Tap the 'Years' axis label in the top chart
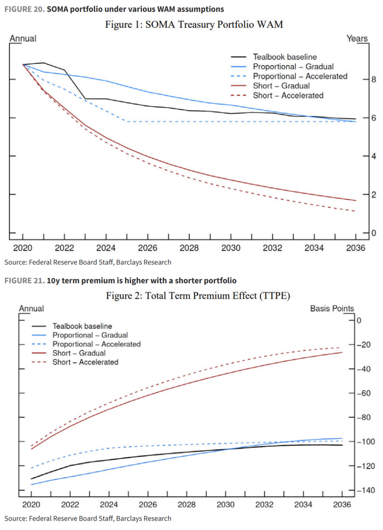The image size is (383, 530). click(357, 38)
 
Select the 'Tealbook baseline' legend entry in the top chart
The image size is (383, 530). click(285, 57)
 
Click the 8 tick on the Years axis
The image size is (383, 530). click(359, 80)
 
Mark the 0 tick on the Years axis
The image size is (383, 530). click(359, 233)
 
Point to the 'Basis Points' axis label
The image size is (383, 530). click(332, 309)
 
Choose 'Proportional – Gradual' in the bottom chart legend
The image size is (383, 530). click(90, 335)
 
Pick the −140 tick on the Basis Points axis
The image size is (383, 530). click(363, 491)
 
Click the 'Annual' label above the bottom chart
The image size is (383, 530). click(32, 309)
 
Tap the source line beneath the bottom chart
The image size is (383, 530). click(88, 519)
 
